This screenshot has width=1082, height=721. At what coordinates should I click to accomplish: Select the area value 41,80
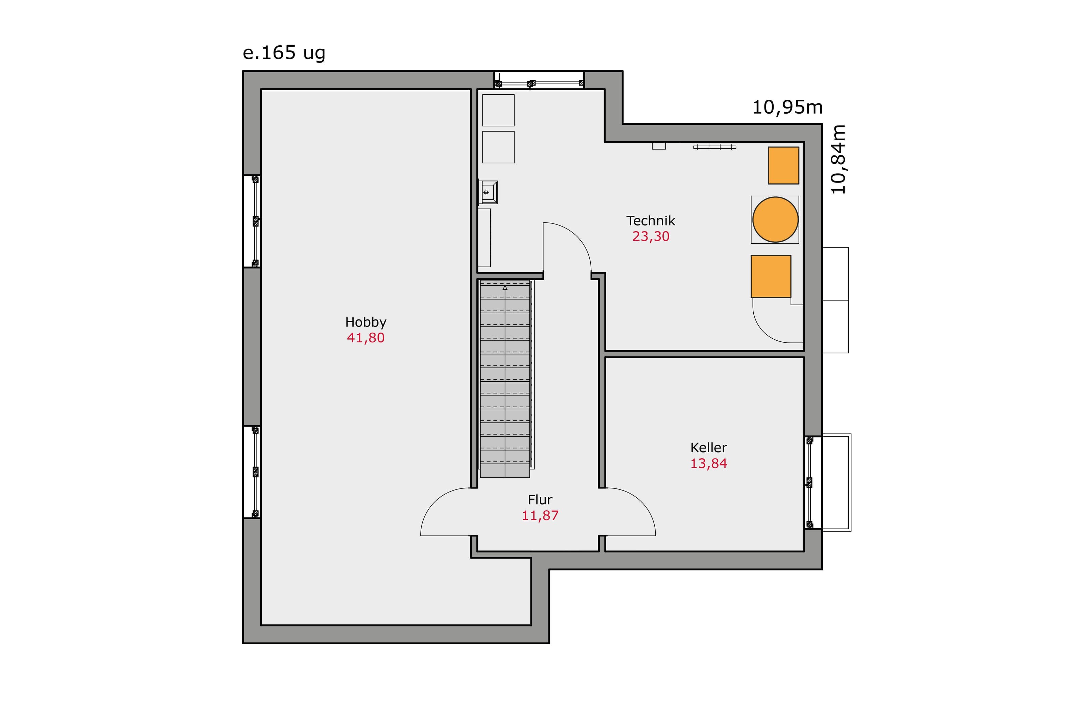tap(366, 338)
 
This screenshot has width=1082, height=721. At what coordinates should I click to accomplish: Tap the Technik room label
tap(651, 221)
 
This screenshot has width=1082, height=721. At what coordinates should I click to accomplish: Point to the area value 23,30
tap(651, 236)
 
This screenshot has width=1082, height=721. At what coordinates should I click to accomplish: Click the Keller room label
tap(709, 448)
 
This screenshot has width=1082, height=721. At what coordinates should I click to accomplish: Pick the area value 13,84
tap(709, 463)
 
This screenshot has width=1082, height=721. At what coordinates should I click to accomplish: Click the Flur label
tap(540, 500)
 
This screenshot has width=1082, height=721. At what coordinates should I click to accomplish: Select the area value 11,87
tap(540, 515)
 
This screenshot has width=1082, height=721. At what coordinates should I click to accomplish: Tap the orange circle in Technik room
tap(775, 220)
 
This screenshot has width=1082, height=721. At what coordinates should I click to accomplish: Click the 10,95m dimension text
tap(787, 107)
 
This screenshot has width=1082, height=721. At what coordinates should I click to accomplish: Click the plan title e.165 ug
tap(284, 53)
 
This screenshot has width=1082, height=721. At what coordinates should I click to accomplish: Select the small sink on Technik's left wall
tap(488, 192)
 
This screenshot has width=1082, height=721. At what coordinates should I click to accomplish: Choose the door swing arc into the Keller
tap(641, 503)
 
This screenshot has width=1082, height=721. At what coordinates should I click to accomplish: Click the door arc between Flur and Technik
tap(577, 236)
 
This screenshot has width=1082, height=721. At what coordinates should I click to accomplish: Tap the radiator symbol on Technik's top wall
tap(714, 147)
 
